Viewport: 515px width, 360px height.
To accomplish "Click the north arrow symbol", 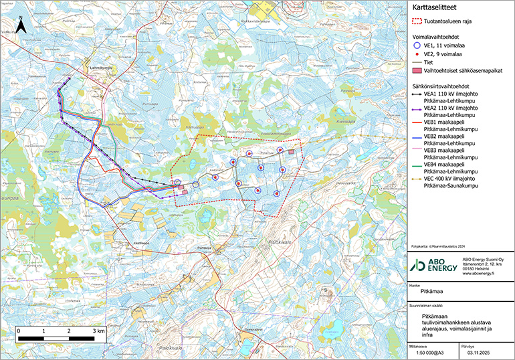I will click(21, 26).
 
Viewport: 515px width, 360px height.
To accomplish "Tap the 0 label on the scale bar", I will click(19, 331).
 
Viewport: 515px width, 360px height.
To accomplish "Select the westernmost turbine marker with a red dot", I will click(177, 182).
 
